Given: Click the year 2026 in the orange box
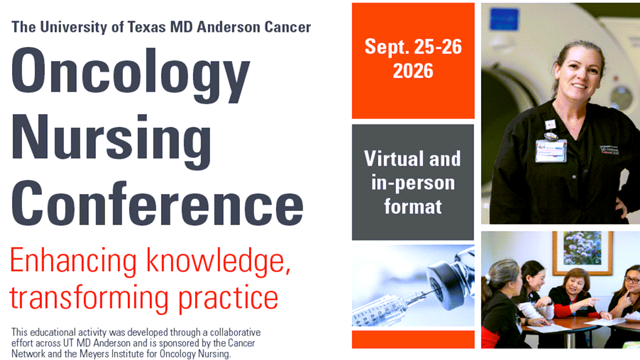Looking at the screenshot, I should click(x=413, y=70).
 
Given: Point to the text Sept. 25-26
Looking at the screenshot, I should click(x=413, y=47).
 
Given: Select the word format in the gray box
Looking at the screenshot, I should click(x=413, y=206).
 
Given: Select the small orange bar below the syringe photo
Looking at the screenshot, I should click(x=413, y=339).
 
